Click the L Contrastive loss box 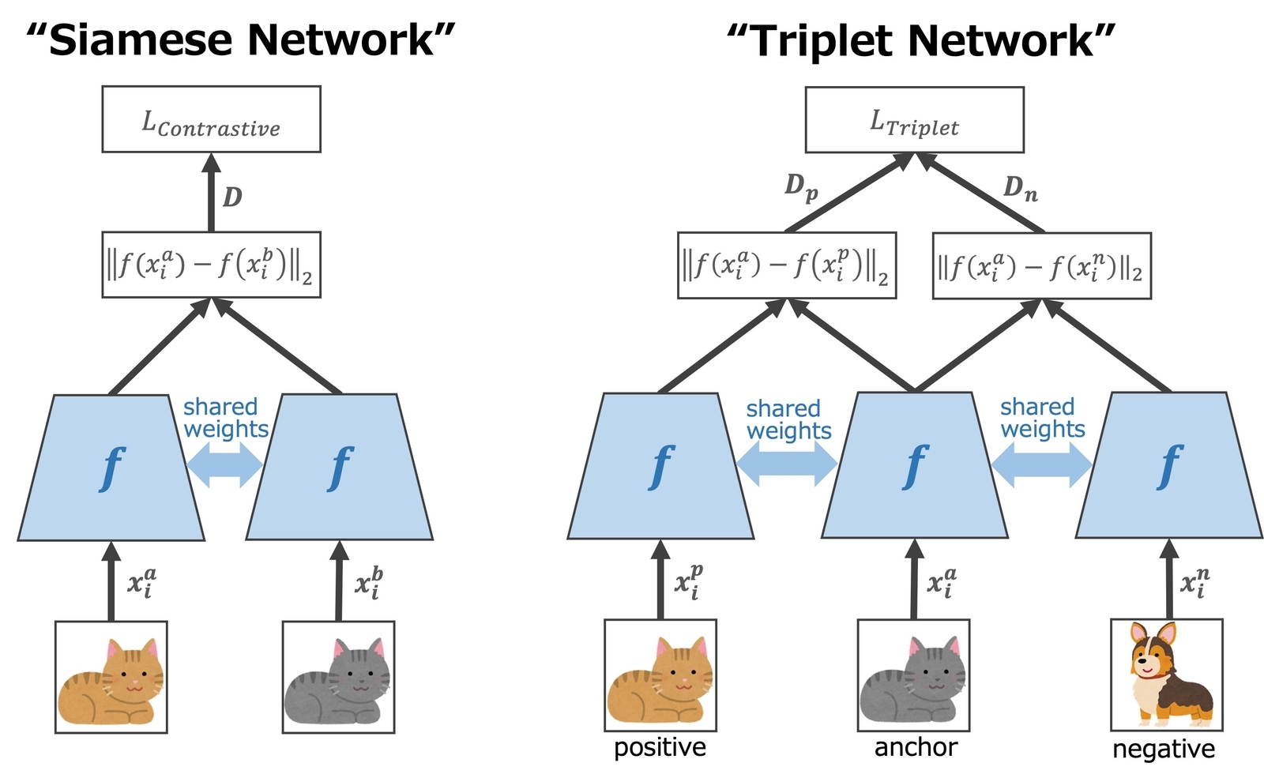click(211, 119)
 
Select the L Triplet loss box click(914, 120)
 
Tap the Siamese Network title click(241, 39)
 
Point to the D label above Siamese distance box click(232, 196)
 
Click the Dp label click(800, 187)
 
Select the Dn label click(1020, 188)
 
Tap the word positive click(660, 747)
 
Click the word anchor click(916, 747)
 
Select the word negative click(1164, 749)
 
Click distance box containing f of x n click(1041, 266)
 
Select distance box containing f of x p click(786, 265)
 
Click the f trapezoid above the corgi click(1168, 466)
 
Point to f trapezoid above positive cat click(660, 466)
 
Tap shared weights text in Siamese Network click(225, 418)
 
